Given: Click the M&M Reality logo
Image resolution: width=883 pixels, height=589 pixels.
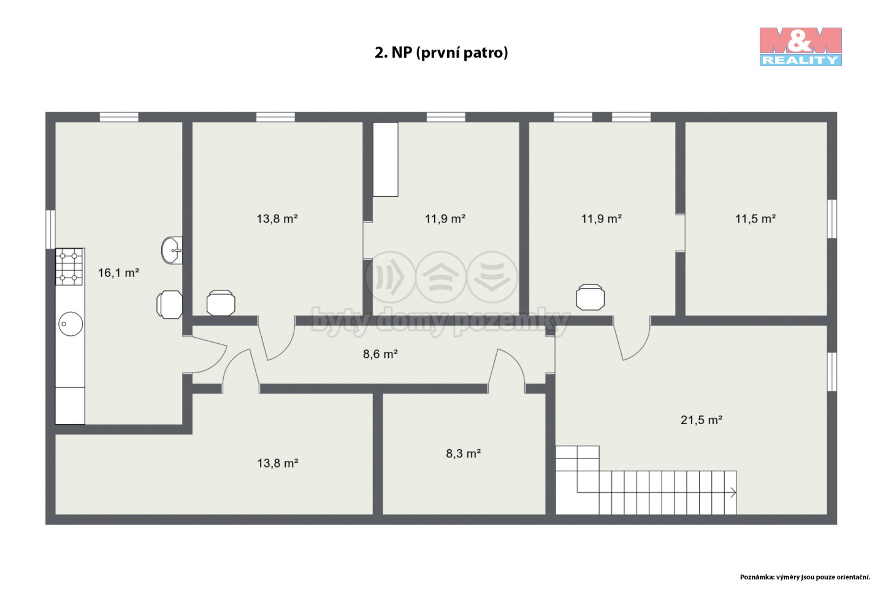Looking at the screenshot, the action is [801, 47].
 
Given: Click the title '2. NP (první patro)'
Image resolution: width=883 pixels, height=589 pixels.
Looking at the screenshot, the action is [441, 52].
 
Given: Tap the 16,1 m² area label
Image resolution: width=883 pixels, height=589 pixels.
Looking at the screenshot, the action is [118, 273].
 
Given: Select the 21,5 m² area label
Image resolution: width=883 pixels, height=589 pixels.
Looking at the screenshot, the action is [701, 420].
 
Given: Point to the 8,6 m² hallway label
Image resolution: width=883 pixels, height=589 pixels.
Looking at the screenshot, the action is [380, 354].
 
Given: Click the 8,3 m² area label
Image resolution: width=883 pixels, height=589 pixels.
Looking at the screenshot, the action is [463, 454].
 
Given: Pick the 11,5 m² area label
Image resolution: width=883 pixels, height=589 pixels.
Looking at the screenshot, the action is [755, 219].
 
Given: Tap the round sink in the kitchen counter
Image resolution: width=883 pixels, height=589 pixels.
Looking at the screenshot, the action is [71, 324].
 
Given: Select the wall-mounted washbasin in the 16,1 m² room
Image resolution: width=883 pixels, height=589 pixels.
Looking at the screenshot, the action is [172, 250].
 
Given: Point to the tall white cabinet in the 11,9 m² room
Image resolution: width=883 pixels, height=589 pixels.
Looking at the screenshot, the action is [386, 159].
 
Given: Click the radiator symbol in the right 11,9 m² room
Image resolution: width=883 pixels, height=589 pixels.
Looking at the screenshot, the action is [590, 297].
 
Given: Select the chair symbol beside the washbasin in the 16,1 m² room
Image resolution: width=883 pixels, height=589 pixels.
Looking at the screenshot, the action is [169, 305].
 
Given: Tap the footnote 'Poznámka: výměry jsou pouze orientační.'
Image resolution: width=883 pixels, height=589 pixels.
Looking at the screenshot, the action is [805, 577].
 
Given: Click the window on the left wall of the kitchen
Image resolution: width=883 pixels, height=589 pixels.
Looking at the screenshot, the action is [50, 230].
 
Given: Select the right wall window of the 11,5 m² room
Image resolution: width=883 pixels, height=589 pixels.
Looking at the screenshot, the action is [831, 219].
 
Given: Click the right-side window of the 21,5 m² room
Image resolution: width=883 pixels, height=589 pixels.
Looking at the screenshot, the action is [831, 372].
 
